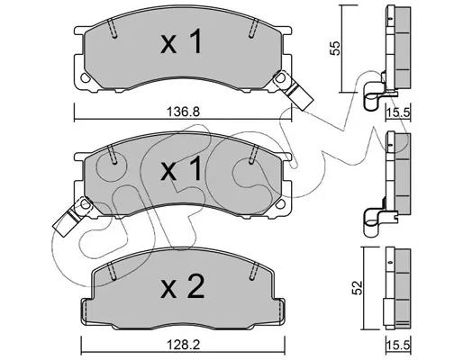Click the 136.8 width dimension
click(183, 112)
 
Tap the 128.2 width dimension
click(183, 345)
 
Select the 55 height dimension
click(335, 48)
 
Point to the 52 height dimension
click(357, 288)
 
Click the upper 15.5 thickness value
click(398, 112)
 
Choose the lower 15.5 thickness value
click(398, 346)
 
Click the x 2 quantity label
click(183, 287)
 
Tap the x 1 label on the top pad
click(181, 42)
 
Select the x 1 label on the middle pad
click(181, 169)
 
